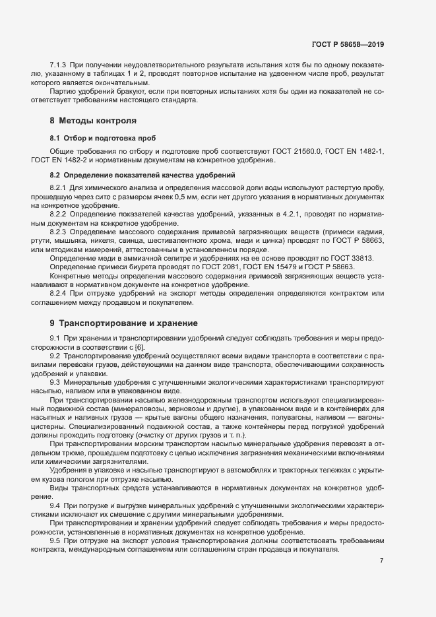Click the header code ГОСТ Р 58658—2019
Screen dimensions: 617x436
[x=348, y=44]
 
